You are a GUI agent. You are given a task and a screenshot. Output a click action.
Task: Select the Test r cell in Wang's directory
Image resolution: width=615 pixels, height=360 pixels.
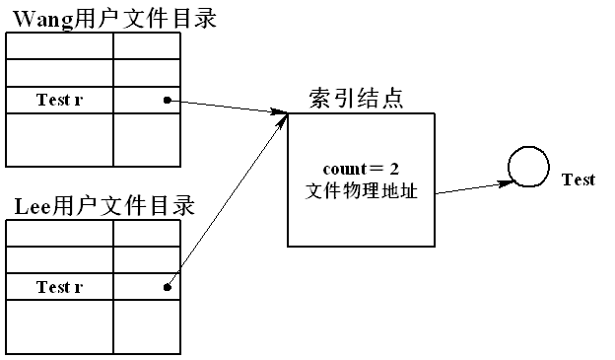point(59,101)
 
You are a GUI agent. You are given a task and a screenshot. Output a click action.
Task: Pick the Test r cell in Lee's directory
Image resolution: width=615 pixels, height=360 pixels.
point(59,287)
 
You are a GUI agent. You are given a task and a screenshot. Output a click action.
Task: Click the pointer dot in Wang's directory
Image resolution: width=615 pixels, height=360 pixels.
point(168,100)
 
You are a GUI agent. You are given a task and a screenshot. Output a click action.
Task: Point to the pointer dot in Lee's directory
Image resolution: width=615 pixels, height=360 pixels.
point(168,288)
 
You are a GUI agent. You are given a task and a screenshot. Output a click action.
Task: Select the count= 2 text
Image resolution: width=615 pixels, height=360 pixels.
point(360,169)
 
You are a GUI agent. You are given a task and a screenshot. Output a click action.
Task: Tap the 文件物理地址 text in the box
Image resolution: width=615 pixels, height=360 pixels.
point(360,190)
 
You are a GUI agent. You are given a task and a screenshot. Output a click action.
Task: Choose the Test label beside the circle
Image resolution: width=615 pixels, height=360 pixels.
point(578,180)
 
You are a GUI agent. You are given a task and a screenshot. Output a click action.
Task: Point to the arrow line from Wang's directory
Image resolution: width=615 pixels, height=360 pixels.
point(227,107)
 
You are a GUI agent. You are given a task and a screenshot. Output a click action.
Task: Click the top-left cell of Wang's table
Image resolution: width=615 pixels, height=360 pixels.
point(59,45)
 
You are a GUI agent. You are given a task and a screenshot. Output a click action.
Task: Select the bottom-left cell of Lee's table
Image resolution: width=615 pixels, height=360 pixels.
point(59,326)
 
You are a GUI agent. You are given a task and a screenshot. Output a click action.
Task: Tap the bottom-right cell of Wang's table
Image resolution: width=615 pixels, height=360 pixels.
point(147,139)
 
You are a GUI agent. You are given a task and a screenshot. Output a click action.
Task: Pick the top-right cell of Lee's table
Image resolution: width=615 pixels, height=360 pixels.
point(147,233)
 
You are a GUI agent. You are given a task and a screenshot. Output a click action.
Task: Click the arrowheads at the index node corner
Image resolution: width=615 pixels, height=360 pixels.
point(280,116)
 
